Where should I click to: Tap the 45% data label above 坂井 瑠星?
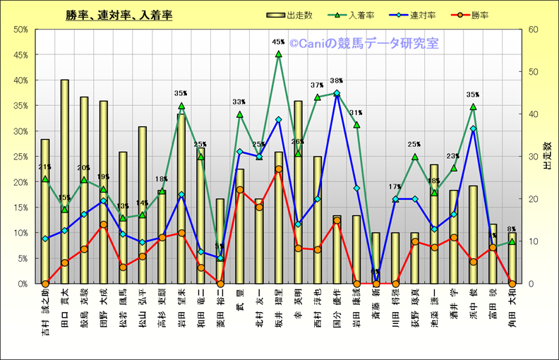278,42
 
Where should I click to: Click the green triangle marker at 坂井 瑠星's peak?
278,54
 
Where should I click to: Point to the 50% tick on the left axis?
21,30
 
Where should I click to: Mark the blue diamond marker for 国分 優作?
337,93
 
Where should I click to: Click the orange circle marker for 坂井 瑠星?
278,169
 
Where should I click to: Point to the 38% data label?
337,81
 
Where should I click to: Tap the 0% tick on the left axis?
23,284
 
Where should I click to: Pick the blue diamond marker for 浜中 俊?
473,128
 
